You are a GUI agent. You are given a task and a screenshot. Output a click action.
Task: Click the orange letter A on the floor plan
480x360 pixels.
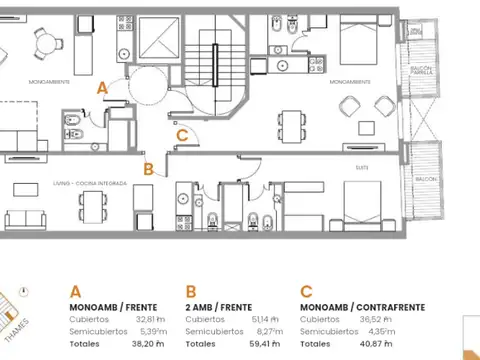point(102,88)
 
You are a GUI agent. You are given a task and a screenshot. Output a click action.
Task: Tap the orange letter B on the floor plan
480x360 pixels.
point(149,169)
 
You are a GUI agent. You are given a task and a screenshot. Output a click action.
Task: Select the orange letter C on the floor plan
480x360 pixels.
point(181,136)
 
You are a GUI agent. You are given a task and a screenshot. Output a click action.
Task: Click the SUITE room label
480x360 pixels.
point(361,170)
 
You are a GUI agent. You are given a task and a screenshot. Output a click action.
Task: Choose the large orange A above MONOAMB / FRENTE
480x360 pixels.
point(76,292)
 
